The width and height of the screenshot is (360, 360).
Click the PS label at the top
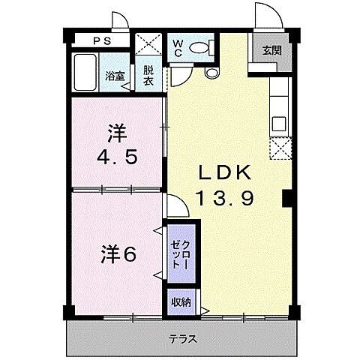[x=100, y=42]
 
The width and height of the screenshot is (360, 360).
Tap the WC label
[x=178, y=47]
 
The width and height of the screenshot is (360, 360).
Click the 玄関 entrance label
[x=271, y=50]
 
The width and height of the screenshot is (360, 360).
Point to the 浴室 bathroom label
[x=115, y=76]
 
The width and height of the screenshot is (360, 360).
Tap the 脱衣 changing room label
[x=149, y=76]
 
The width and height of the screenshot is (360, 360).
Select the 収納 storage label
[x=180, y=302]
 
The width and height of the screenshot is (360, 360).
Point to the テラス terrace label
[x=182, y=338]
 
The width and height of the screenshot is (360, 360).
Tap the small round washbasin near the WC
[x=211, y=73]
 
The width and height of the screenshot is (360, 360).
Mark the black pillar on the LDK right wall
[x=286, y=199]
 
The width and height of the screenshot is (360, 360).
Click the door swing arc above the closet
[x=175, y=205]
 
